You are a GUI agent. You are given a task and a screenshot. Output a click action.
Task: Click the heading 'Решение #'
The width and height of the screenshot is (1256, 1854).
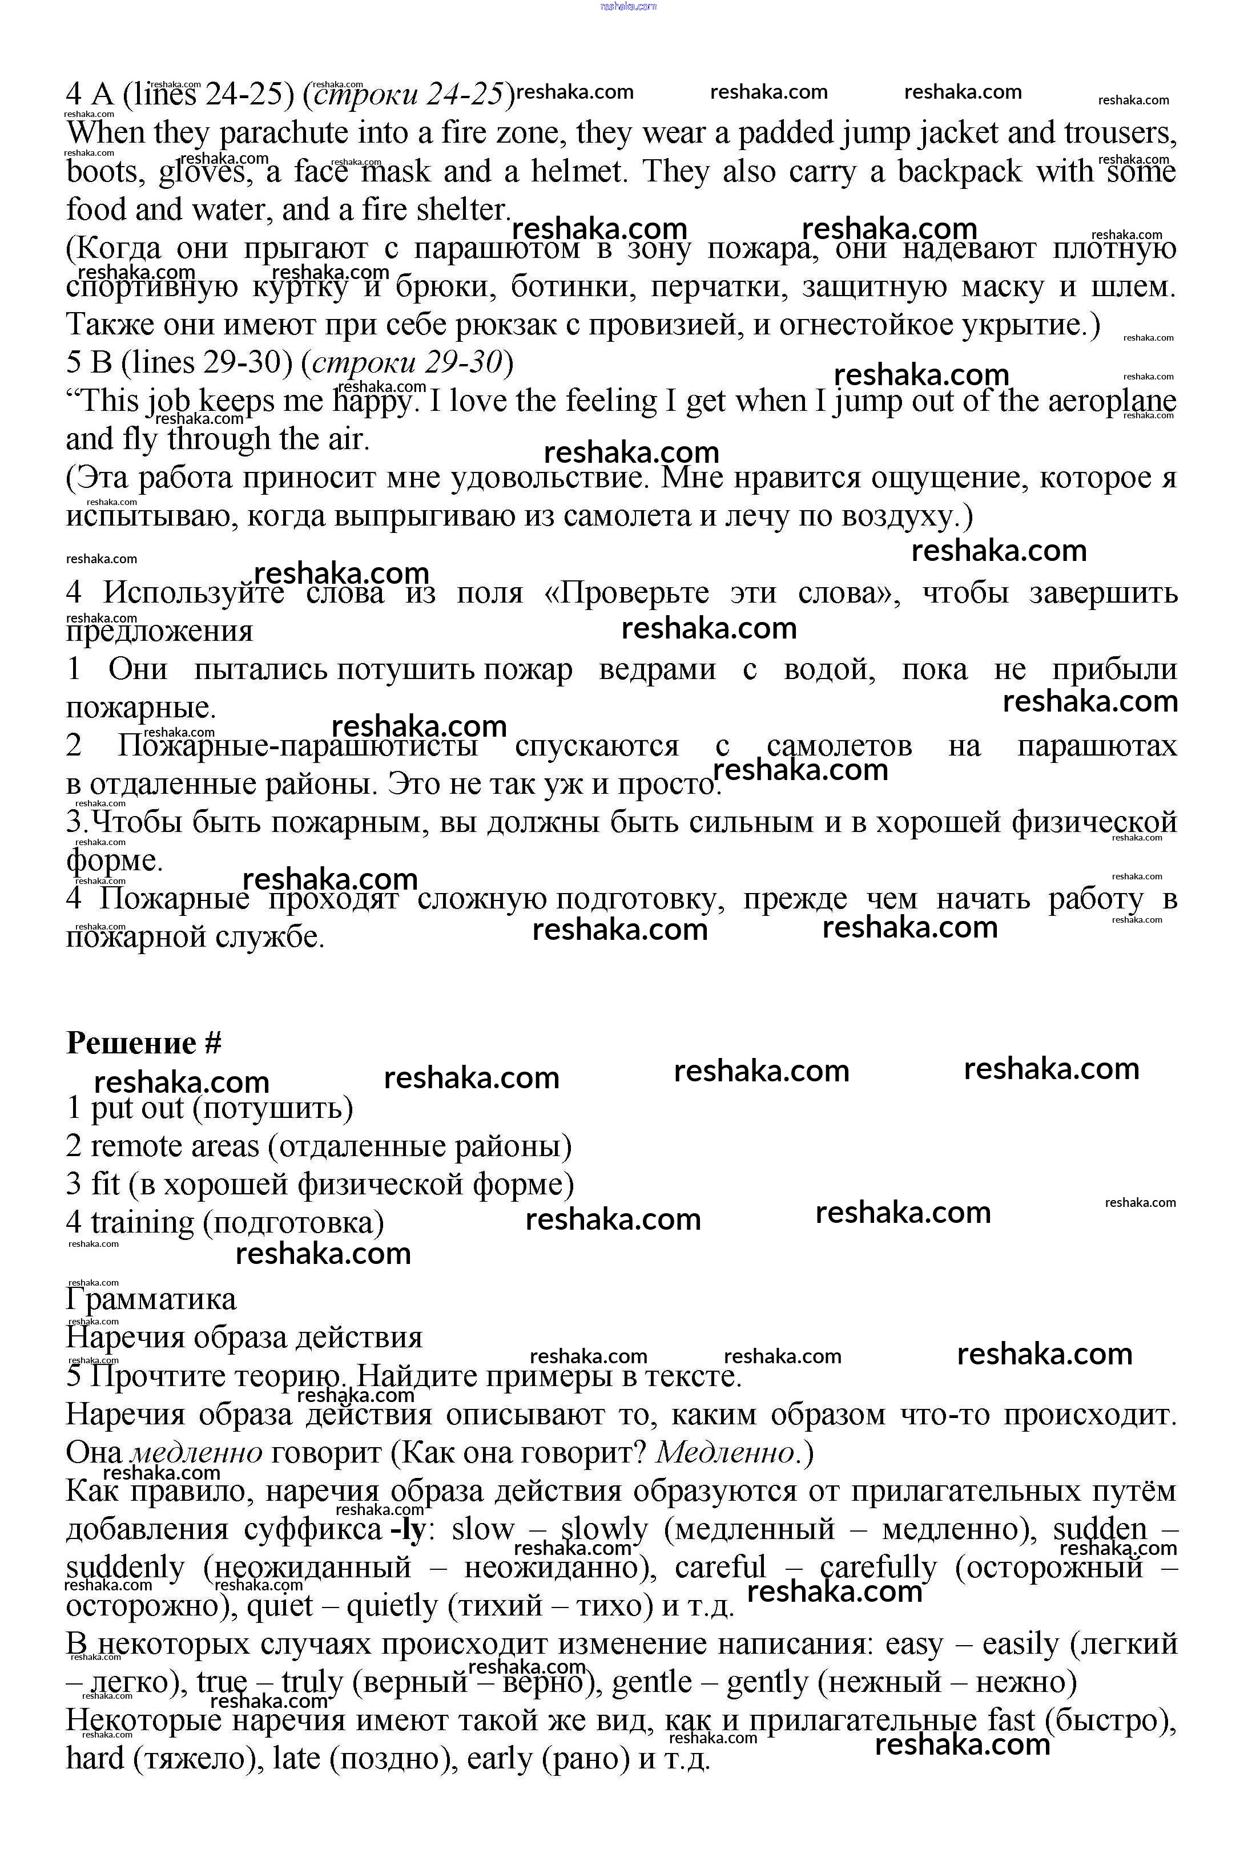click(144, 1043)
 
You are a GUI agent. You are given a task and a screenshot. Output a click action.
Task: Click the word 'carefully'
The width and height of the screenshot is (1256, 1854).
click(877, 1568)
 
